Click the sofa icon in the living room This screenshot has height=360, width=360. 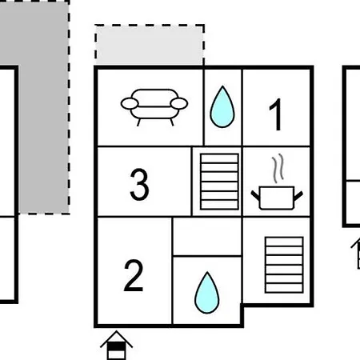pos(154,106)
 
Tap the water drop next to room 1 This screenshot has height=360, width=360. pos(222,107)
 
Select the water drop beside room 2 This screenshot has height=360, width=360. pos(207,293)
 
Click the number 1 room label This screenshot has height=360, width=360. pos(276,114)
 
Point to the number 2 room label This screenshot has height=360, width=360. pos(134,276)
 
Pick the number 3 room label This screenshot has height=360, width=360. pos(139,184)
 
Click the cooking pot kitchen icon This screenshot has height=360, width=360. pos(277,198)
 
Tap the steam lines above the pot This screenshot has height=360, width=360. pos(278,168)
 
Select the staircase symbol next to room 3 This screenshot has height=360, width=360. pos(219,182)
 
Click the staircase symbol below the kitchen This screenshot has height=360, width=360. pos(284,265)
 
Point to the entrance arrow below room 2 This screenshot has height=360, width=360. pos(116,346)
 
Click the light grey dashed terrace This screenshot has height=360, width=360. pos(150,45)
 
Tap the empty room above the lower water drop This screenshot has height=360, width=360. pos(207,237)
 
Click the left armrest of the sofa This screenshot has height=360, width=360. pos(130,103)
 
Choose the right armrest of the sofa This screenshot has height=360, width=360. pos(179,103)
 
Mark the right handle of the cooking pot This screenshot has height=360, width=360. pos(298,196)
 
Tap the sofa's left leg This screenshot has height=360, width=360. pos(138,122)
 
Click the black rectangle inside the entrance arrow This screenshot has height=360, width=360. pos(116,346)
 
